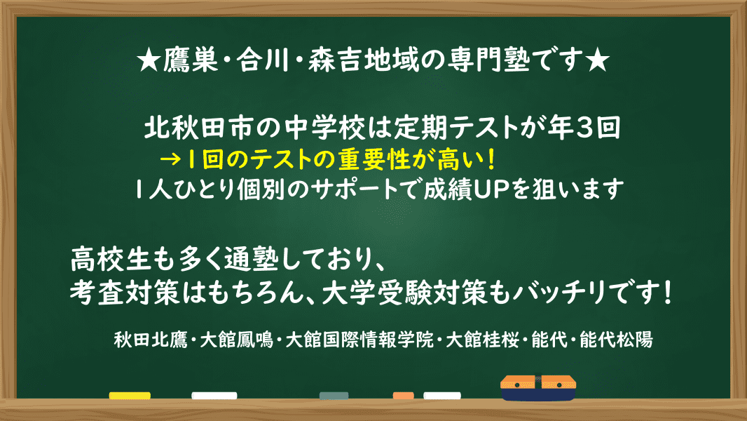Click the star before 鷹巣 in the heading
click(x=149, y=61)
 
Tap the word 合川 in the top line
click(x=263, y=61)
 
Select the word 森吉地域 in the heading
click(x=364, y=61)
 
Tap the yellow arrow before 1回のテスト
click(x=170, y=159)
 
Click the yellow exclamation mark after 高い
click(x=491, y=160)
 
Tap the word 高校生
click(x=111, y=260)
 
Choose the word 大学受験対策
click(x=404, y=293)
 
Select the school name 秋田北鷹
click(x=151, y=340)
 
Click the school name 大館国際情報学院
click(x=359, y=340)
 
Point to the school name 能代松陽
click(x=616, y=340)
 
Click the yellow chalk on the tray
click(x=130, y=395)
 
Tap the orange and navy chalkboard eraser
click(x=538, y=387)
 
